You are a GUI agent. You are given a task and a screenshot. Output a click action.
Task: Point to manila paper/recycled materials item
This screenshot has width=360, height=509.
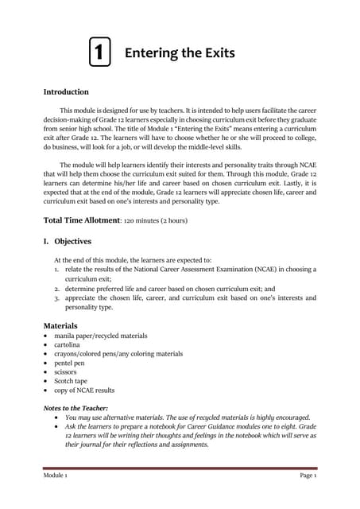point(95,336)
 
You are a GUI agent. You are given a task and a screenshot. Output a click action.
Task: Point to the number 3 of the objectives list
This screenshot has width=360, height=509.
point(47,297)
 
